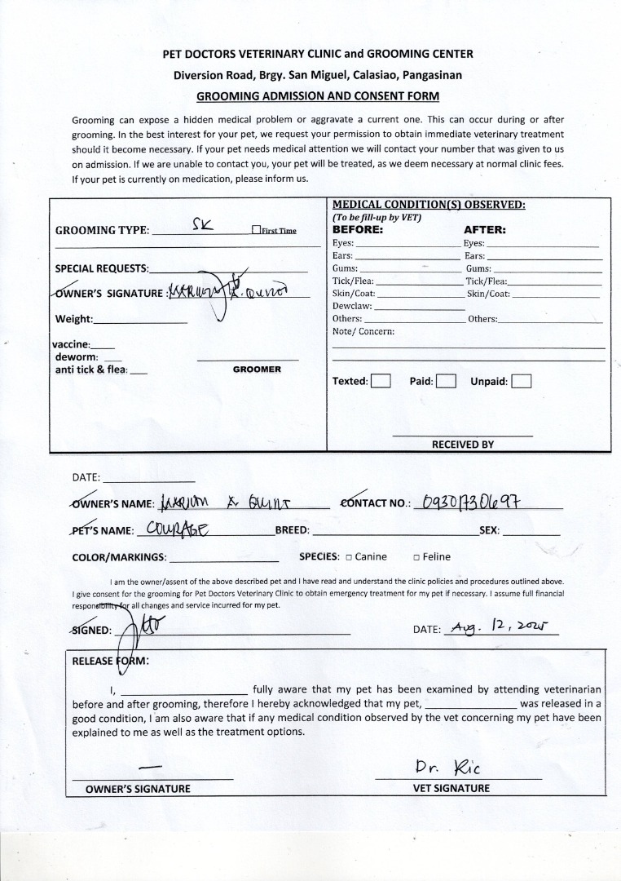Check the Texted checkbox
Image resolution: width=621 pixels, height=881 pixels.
pos(381,381)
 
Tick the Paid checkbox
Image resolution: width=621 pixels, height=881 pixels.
pos(445,381)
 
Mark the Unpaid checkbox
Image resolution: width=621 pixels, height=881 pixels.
pos(522,381)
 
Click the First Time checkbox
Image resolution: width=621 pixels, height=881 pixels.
pos(256,231)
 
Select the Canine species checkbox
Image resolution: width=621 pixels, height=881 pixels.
pos(348,557)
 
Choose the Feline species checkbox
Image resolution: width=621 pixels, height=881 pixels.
pos(416,557)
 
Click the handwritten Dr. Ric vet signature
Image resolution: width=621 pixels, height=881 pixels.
pos(447,768)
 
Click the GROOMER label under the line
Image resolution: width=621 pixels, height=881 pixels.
pos(257,370)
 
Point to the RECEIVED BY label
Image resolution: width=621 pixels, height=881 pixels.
pos(462,445)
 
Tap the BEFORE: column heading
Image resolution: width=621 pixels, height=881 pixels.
pos(358,230)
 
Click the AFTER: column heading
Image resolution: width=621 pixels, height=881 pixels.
pos(485,230)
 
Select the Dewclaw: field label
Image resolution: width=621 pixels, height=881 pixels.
pos(352,306)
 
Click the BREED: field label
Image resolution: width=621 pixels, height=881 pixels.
pos(292,530)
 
